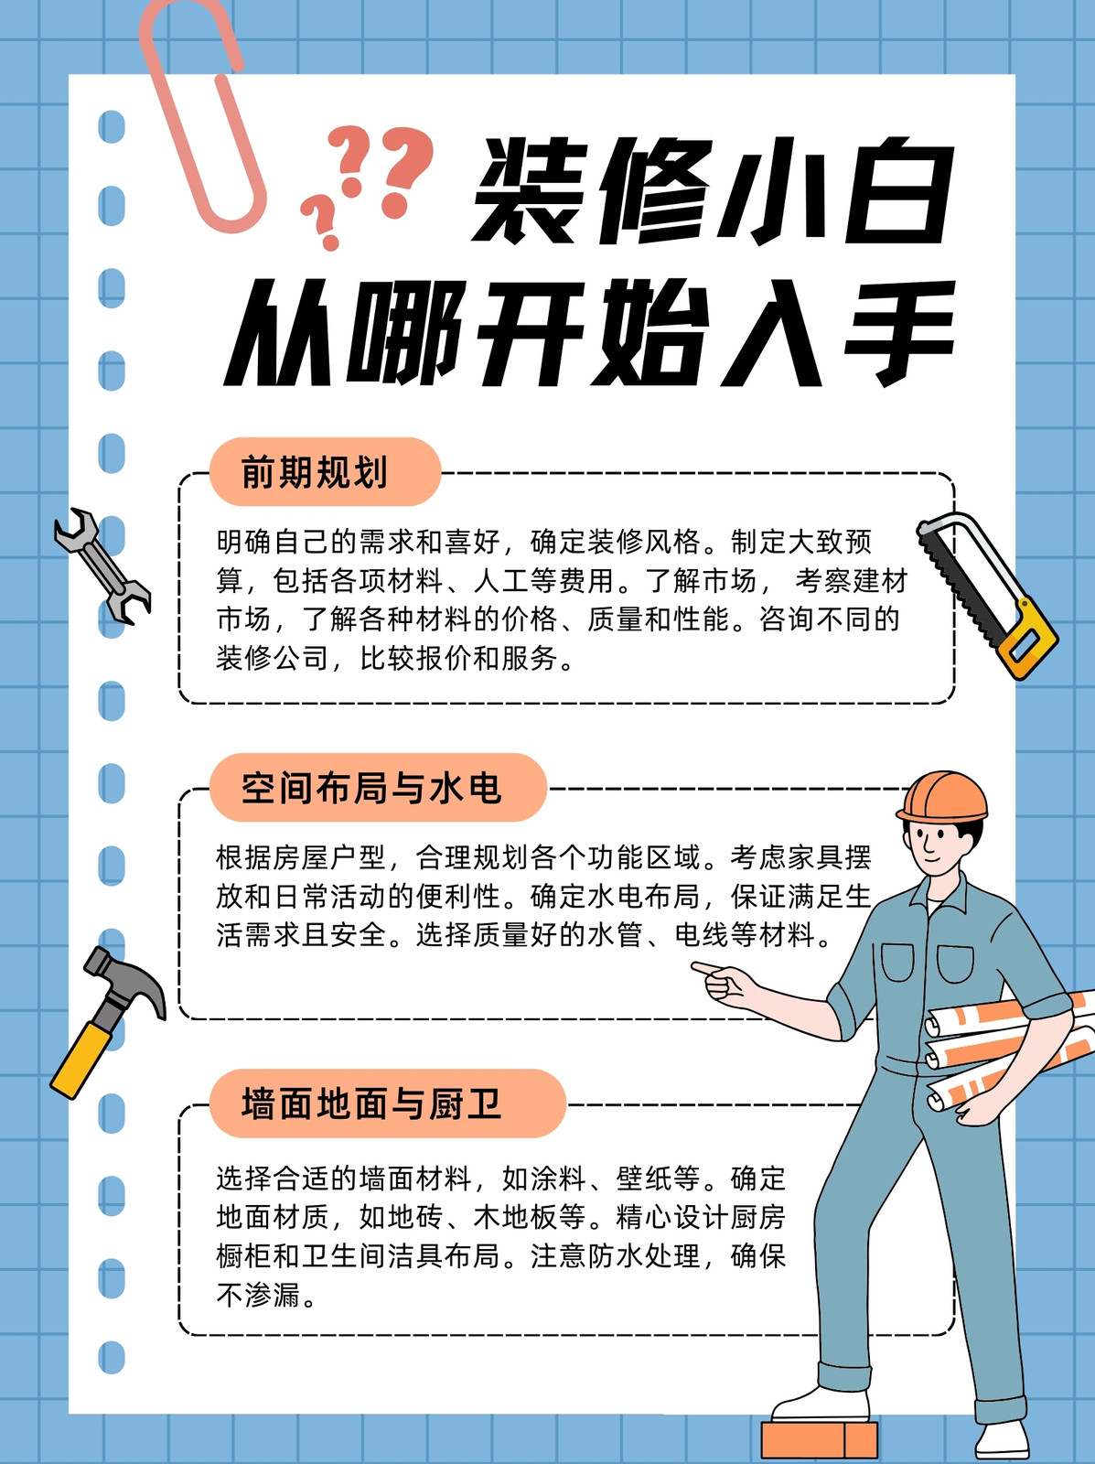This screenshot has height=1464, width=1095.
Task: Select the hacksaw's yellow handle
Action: pos(1029,639)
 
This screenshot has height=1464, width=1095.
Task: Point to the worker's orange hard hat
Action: pos(942,798)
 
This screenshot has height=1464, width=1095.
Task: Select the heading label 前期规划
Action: pos(314,472)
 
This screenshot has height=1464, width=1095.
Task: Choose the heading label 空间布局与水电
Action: pos(370,788)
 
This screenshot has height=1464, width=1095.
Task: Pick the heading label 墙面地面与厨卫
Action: pos(370,1103)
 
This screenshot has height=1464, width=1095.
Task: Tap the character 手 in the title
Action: pos(899,333)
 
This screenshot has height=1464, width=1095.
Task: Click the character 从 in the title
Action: pos(280,333)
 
